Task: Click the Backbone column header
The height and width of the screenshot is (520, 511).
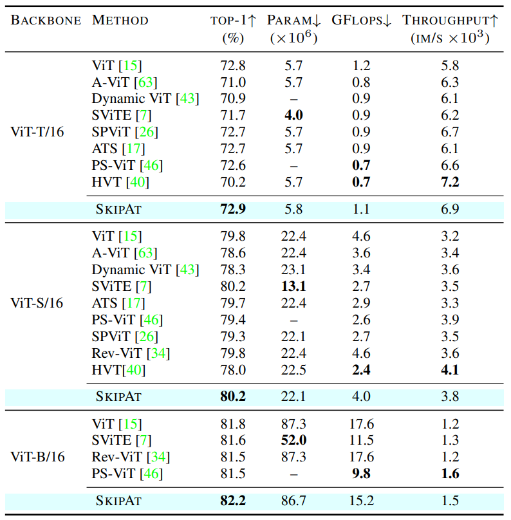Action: tap(46, 20)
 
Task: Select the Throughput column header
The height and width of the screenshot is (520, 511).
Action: tap(450, 20)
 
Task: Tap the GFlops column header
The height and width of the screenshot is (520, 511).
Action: tap(362, 20)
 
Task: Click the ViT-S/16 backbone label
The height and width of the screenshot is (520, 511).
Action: tap(37, 303)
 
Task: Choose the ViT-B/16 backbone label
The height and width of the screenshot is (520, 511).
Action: tap(37, 458)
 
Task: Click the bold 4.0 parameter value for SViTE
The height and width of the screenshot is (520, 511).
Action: tap(293, 115)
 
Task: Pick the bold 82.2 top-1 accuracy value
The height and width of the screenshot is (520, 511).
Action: tap(232, 499)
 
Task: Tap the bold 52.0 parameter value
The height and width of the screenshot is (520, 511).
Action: tap(293, 441)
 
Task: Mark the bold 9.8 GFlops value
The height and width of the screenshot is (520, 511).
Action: tap(361, 474)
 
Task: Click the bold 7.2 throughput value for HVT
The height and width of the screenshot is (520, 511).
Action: tap(450, 182)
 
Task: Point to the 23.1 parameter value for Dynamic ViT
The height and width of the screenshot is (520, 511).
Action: tap(293, 270)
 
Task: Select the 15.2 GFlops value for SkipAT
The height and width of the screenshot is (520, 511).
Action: tap(361, 499)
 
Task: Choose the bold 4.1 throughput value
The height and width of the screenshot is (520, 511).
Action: tap(450, 370)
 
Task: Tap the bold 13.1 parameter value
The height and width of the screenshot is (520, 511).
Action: tap(293, 286)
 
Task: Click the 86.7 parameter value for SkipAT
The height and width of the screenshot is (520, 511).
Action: tap(293, 499)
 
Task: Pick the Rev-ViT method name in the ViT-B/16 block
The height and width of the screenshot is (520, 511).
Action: tap(117, 458)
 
